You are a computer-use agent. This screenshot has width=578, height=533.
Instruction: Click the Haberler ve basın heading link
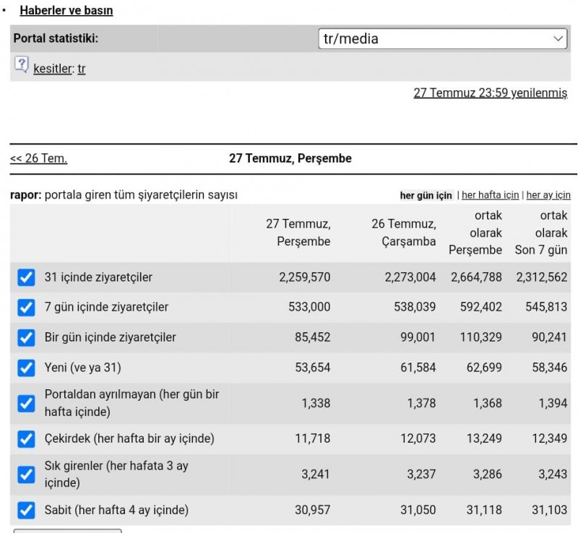pyautogui.click(x=66, y=10)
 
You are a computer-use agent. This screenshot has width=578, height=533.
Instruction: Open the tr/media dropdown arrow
pyautogui.click(x=558, y=39)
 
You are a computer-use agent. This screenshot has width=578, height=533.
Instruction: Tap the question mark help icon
pyautogui.click(x=22, y=64)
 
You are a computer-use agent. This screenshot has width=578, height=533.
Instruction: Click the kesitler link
pyautogui.click(x=53, y=69)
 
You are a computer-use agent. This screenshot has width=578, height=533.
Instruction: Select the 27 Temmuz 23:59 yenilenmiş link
pyautogui.click(x=491, y=92)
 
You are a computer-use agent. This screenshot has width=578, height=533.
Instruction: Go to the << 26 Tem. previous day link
pyautogui.click(x=39, y=158)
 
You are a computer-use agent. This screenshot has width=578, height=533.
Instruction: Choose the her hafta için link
pyautogui.click(x=491, y=195)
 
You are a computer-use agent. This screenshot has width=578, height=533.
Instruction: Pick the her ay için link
pyautogui.click(x=548, y=195)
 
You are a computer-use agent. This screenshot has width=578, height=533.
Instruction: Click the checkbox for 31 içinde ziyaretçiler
pyautogui.click(x=26, y=277)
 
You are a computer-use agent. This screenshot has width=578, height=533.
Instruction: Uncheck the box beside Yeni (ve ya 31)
pyautogui.click(x=26, y=368)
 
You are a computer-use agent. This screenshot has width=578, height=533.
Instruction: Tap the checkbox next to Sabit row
pyautogui.click(x=26, y=510)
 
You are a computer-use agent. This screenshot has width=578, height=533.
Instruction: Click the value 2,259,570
pyautogui.click(x=304, y=277)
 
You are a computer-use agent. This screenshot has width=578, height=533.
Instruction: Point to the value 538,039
pyautogui.click(x=415, y=307)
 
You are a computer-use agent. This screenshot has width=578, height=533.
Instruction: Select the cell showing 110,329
pyautogui.click(x=480, y=337)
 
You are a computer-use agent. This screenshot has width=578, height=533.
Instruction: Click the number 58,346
pyautogui.click(x=549, y=367)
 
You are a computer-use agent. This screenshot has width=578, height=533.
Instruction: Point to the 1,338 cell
pyautogui.click(x=316, y=403)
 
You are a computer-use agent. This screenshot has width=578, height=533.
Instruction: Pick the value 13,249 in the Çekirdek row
pyautogui.click(x=484, y=438)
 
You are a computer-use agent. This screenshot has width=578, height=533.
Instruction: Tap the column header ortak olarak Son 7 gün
pyautogui.click(x=540, y=233)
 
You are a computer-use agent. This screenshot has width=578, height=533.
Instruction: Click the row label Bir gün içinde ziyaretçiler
pyautogui.click(x=111, y=337)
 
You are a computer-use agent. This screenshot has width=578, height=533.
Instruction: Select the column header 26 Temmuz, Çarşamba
pyautogui.click(x=404, y=233)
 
